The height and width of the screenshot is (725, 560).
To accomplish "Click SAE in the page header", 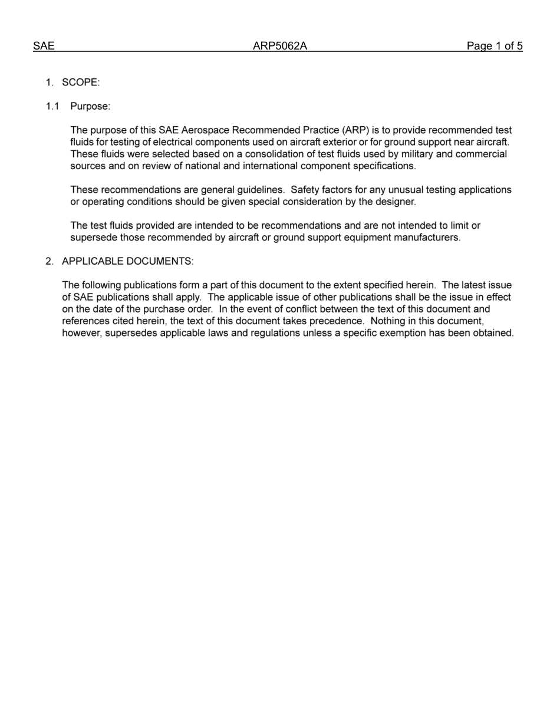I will click(44, 46).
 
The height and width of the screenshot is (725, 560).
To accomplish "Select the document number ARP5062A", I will click(280, 46).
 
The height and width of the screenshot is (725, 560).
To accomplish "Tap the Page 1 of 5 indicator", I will click(494, 46).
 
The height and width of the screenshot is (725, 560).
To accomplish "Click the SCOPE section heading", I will click(81, 83).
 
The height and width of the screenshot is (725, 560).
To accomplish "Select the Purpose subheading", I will click(90, 107).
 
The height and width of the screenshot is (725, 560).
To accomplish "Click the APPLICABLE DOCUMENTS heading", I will click(127, 261).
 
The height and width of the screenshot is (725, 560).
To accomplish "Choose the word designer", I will click(396, 202).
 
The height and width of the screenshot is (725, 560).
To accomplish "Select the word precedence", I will click(334, 321).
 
